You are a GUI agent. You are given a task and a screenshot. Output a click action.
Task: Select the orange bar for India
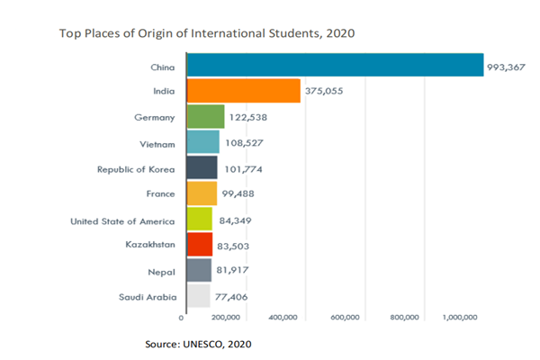coord(243,91)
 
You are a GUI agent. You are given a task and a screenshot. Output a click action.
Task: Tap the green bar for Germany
coord(205,116)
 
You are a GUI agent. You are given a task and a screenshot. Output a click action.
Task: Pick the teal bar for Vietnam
coord(202,142)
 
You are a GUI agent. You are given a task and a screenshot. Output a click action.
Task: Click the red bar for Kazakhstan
coord(199,245)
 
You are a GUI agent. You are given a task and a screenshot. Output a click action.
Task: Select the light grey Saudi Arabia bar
coord(197,296)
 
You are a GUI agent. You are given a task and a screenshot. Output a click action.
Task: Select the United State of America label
coord(124,220)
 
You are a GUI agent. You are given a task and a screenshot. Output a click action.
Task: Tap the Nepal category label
coord(161,270)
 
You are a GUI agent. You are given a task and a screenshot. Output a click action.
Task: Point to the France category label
coord(160,193)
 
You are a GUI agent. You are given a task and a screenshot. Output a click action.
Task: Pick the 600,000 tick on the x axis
coord(346,318)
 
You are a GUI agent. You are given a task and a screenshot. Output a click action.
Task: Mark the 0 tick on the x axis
coord(183,318)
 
